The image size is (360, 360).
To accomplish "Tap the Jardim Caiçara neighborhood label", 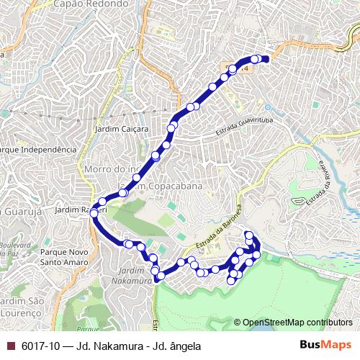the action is coord(121,129).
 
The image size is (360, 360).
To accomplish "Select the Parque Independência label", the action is coord(38,149).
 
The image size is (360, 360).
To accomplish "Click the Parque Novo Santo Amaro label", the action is coord(64,258).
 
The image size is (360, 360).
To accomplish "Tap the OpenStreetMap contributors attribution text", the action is coord(297,323).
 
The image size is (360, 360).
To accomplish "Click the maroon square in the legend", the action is coord(9,346).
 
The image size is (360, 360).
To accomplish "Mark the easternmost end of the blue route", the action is coord(267,59).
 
